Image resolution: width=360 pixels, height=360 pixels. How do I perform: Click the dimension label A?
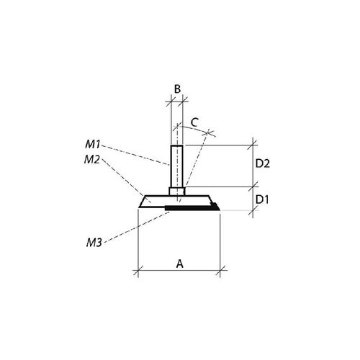[x=180, y=264]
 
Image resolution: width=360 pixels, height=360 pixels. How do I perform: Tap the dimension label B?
[x=177, y=89]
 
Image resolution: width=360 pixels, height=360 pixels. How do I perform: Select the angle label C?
[x=194, y=122]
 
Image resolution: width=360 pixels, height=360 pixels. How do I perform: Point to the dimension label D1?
[x=262, y=199]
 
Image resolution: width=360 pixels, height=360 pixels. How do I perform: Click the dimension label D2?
[x=263, y=163]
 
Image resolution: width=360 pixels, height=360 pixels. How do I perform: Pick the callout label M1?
[x=93, y=145]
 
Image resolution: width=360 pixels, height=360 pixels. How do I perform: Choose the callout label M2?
[x=92, y=160]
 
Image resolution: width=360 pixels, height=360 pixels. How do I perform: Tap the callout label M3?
[x=94, y=243]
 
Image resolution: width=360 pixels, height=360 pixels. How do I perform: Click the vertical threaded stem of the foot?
[x=177, y=166]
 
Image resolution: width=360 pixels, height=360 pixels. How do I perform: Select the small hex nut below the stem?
[x=177, y=192]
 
